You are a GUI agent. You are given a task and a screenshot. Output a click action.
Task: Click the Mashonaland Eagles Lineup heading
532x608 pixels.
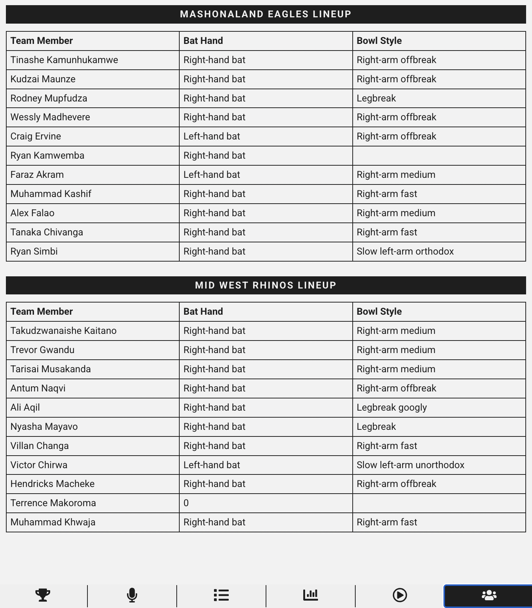[x=266, y=14]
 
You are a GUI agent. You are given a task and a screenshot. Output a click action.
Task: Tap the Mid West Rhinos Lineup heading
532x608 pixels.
[x=266, y=285]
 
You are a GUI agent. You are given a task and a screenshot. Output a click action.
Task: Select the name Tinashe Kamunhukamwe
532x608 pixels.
[x=64, y=60]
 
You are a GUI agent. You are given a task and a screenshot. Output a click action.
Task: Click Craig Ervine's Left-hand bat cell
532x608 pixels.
[x=212, y=137]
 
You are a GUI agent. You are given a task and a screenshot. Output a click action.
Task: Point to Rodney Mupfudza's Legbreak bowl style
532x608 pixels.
[x=376, y=99]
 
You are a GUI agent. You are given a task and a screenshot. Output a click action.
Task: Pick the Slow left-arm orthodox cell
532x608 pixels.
[x=405, y=252]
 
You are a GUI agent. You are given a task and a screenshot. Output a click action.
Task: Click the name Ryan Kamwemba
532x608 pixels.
[x=47, y=156]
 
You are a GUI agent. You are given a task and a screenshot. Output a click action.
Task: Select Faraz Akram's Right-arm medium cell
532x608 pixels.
[x=396, y=175]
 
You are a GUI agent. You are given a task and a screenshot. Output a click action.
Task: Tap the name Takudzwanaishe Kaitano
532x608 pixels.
[x=63, y=331]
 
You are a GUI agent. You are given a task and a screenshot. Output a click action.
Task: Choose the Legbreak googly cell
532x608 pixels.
[x=391, y=408]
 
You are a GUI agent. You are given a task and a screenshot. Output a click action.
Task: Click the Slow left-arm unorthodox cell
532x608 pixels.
[x=410, y=465]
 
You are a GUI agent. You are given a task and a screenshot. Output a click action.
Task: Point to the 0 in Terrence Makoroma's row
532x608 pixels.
[x=186, y=503]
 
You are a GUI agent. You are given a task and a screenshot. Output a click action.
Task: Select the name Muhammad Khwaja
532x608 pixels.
[x=53, y=522]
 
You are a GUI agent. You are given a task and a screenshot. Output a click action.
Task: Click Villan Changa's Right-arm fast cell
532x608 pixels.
[x=387, y=446]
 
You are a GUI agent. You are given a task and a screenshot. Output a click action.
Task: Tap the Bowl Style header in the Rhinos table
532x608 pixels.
[x=379, y=312]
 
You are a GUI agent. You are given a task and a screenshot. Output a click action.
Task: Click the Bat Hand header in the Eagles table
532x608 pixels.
[x=203, y=41]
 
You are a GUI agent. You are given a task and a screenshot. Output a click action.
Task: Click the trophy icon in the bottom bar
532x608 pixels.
[x=43, y=595]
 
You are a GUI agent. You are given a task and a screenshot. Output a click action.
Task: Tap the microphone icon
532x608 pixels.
[x=132, y=595]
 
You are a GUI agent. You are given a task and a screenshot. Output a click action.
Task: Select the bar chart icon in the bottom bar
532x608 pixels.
[x=311, y=595]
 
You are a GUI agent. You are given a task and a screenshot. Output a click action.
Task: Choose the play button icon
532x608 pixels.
[x=400, y=595]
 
